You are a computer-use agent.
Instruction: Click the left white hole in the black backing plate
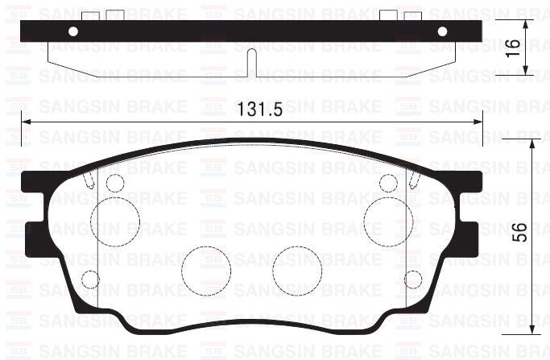[73, 31]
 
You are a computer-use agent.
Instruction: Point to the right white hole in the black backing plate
[441, 31]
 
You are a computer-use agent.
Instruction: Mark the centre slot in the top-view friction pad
[251, 61]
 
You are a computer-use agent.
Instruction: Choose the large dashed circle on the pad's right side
[383, 217]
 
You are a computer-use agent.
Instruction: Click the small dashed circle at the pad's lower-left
[91, 279]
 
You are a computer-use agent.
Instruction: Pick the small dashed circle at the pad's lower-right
[412, 279]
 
